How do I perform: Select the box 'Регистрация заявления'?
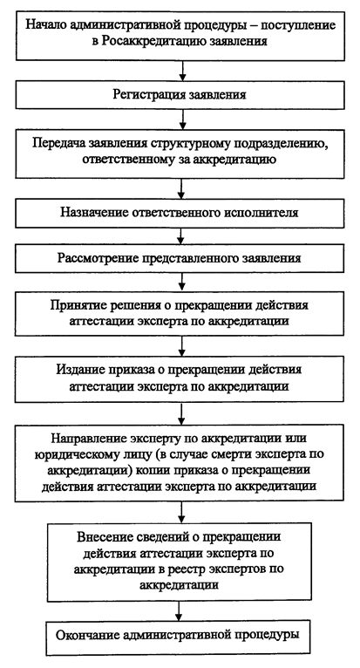coord(180,94)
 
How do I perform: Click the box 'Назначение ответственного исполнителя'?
coord(180,213)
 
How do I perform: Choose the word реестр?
coord(223,569)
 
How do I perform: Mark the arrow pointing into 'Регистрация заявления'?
coord(182,71)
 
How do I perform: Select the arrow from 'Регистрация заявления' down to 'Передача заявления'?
coord(182,119)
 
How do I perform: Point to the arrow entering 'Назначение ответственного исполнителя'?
coord(182,188)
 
